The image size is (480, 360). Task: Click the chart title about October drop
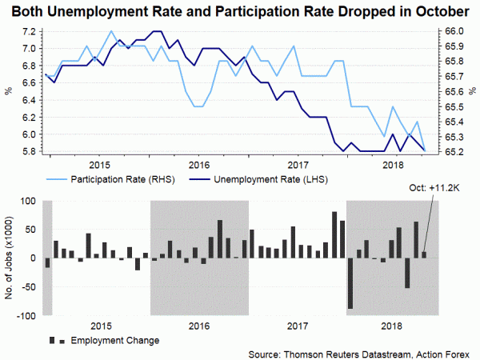click(240, 11)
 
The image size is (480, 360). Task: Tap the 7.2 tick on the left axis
click(29, 31)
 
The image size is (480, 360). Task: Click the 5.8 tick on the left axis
click(29, 151)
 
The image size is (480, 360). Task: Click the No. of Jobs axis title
click(10, 258)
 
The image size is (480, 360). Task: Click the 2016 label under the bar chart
click(200, 326)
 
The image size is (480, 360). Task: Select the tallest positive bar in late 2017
click(334, 234)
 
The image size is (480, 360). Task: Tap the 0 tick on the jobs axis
click(32, 258)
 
